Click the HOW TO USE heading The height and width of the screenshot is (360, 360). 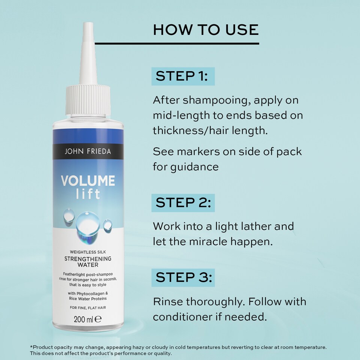coord(206,30)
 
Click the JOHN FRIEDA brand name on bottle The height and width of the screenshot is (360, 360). coord(88,152)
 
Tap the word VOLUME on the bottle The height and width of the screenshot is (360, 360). coord(88,181)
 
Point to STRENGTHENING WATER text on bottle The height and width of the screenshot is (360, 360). coord(88,261)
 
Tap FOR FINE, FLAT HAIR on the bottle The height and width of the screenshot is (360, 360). coord(88,308)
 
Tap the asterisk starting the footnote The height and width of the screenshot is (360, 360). coord(31,347)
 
